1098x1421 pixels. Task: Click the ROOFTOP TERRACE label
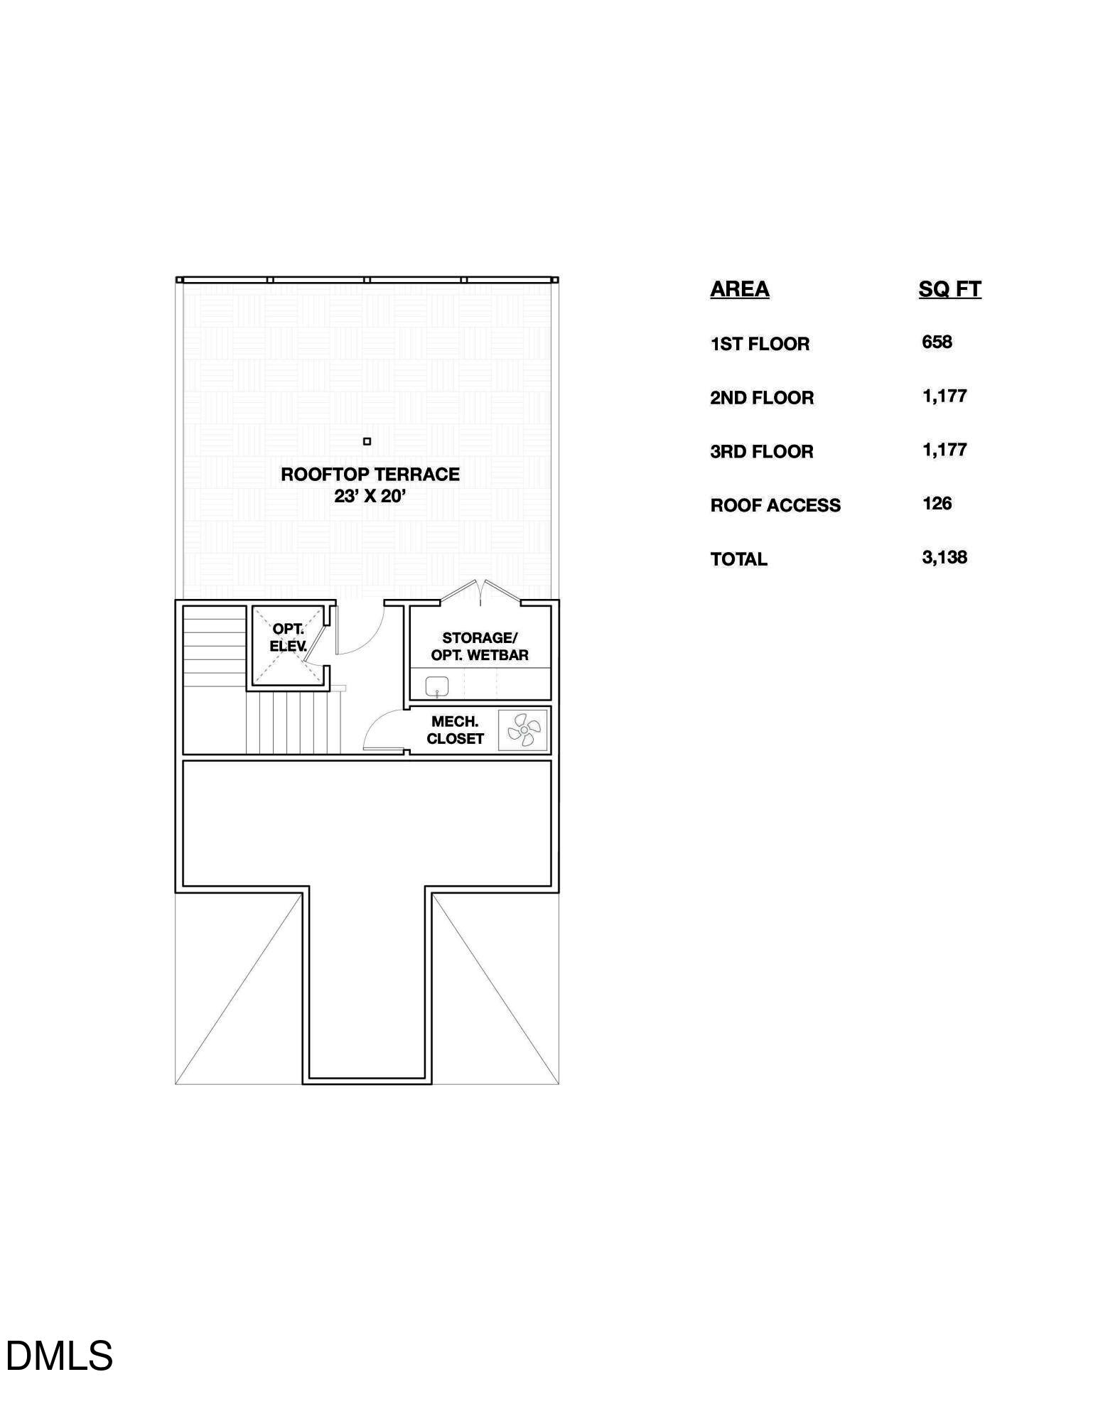370,475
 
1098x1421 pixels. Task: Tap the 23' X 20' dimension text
370,497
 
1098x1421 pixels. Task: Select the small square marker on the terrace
367,441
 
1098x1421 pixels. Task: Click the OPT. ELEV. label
288,637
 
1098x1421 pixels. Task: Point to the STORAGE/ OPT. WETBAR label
480,647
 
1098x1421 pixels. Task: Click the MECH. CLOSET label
455,730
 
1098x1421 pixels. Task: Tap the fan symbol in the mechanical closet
523,730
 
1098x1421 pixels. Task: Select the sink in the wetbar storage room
436,686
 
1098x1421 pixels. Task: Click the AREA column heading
739,289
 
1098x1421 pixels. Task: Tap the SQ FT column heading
949,289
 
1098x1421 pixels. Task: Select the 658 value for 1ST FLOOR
937,342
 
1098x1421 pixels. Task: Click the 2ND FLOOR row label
762,398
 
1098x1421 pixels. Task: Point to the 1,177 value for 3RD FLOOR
944,450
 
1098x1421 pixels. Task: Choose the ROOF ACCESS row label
775,505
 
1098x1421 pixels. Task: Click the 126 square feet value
937,504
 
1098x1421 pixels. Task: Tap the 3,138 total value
944,558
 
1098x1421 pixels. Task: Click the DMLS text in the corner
59,1356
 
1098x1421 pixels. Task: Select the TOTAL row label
739,559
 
